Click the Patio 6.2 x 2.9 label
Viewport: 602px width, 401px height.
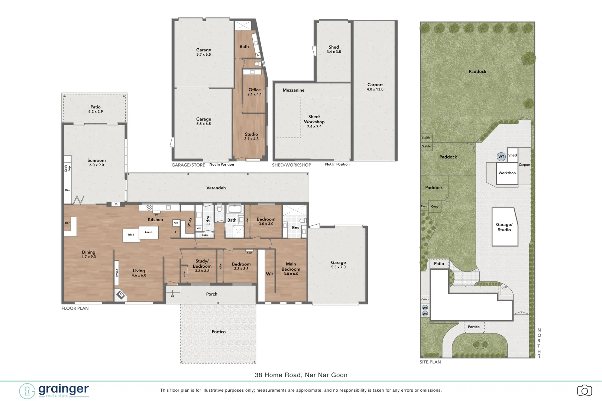point(96,109)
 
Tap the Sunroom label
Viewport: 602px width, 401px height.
point(96,162)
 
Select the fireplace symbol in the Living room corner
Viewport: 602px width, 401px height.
point(120,295)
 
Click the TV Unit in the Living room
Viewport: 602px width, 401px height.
point(117,273)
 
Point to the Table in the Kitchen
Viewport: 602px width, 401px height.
point(131,235)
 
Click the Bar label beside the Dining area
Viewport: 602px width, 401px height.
point(67,223)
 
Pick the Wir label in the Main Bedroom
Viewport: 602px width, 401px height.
point(269,274)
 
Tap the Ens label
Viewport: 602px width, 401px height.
point(295,228)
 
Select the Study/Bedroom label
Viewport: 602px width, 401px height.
point(202,265)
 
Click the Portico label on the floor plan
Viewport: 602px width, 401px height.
point(219,332)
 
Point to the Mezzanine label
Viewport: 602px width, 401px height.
point(293,90)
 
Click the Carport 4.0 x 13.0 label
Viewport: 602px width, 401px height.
point(375,87)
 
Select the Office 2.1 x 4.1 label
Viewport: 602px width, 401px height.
point(255,92)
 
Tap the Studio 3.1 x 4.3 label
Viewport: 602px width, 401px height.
point(251,136)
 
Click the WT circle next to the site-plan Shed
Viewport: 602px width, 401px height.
point(501,157)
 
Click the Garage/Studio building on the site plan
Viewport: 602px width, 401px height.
point(504,227)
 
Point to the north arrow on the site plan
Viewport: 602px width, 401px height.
point(539,356)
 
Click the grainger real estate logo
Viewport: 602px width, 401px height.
point(54,391)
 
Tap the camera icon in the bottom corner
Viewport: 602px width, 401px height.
point(584,391)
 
